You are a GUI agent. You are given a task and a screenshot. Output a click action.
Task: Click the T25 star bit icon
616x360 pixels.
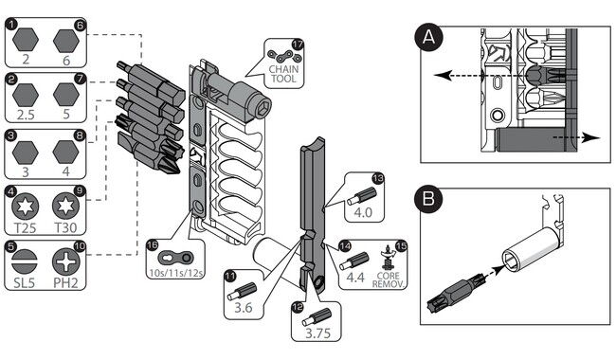tap(26, 207)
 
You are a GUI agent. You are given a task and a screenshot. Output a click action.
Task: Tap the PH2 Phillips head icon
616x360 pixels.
tap(65, 261)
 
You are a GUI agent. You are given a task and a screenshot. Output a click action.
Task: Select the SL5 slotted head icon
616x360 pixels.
tap(25, 261)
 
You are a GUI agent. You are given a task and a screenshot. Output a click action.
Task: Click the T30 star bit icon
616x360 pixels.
tap(65, 206)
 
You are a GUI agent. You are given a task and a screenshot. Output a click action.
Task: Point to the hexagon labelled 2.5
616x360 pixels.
tap(26, 95)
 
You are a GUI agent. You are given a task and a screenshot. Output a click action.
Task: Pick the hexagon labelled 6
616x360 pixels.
tap(66, 41)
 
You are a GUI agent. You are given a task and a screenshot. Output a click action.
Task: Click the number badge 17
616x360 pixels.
tap(299, 45)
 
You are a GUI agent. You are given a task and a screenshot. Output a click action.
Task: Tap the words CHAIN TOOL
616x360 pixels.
tap(283, 74)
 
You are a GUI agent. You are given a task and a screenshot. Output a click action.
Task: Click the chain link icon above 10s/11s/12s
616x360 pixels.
tap(175, 258)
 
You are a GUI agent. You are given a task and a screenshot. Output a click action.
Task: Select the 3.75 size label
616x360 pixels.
tap(317, 333)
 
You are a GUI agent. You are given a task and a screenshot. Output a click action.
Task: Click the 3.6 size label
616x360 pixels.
tap(244, 307)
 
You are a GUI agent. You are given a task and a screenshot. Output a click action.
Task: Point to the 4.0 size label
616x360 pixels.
tap(363, 212)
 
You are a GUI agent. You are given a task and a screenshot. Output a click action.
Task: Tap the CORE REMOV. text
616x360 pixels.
tap(388, 279)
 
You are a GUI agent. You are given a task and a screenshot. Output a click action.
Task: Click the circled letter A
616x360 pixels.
tap(428, 37)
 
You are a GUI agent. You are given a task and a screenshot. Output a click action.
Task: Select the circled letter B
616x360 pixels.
tap(428, 199)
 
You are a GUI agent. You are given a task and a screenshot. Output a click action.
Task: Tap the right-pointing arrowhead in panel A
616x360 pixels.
tap(591, 137)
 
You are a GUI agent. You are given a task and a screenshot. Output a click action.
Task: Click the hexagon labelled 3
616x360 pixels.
tap(26, 153)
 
